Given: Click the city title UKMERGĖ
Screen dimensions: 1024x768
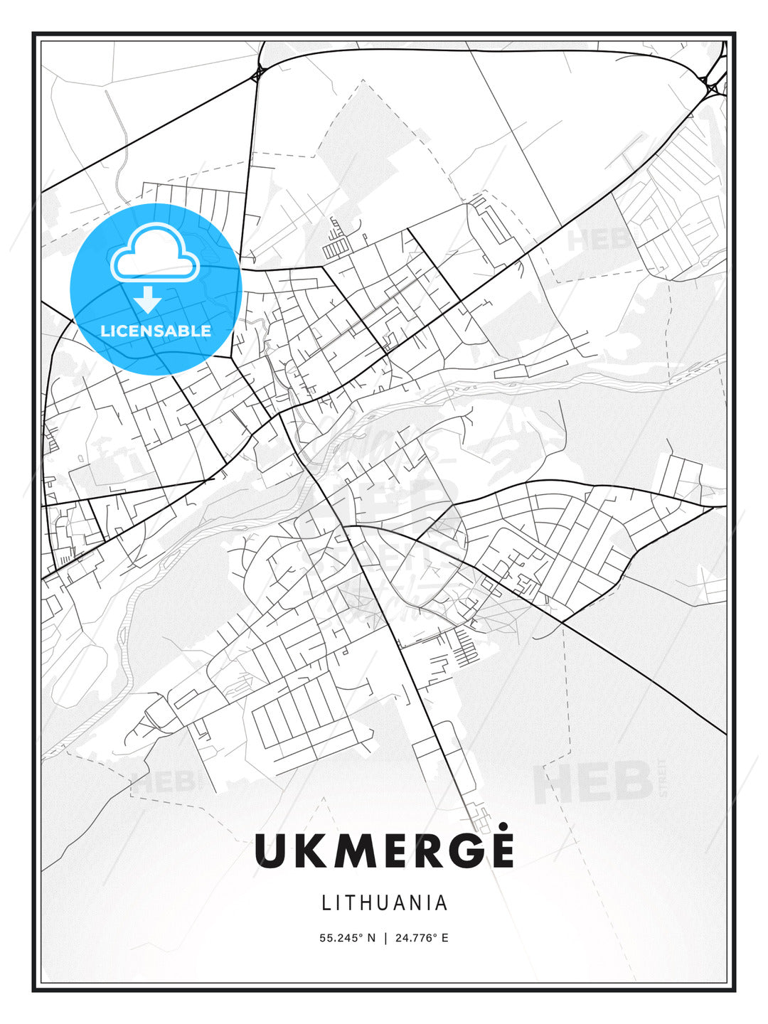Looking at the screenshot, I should click(x=384, y=850).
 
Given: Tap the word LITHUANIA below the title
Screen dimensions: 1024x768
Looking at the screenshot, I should click(x=385, y=902).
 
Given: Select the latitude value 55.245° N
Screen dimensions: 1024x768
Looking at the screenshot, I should click(x=347, y=938).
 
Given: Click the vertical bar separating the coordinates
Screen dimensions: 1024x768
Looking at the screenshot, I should click(x=384, y=938).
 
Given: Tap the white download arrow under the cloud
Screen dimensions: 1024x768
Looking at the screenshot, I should click(x=148, y=299).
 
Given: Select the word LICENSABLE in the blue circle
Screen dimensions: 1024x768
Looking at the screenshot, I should click(x=156, y=331).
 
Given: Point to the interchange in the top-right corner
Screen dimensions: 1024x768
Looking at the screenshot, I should click(x=712, y=88).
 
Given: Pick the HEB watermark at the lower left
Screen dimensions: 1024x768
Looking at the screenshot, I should click(x=162, y=782).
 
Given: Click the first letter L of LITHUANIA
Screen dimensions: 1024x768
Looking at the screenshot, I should click(x=326, y=902).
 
